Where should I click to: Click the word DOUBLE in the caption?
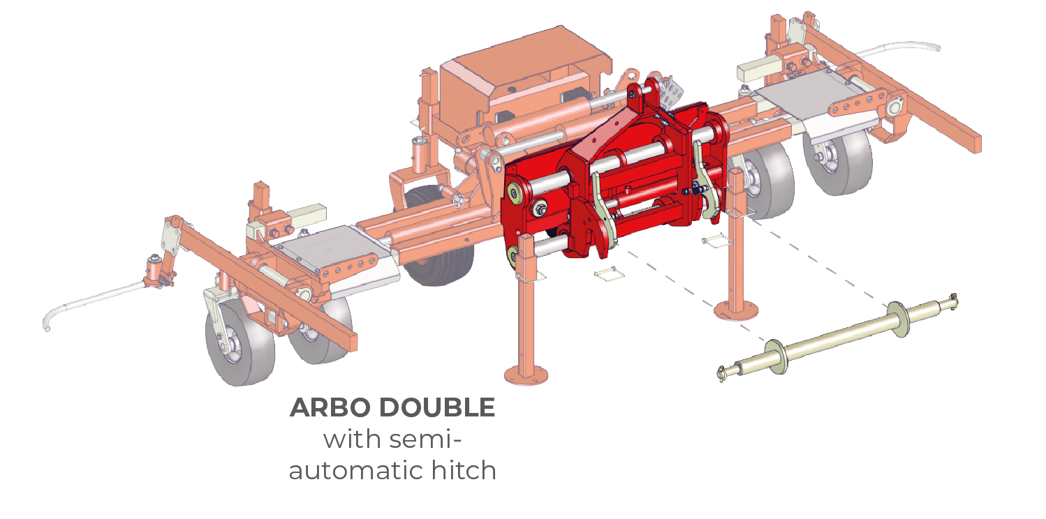(436, 407)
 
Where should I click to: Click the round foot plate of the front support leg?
(526, 376)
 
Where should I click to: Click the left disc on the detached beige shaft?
(776, 356)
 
